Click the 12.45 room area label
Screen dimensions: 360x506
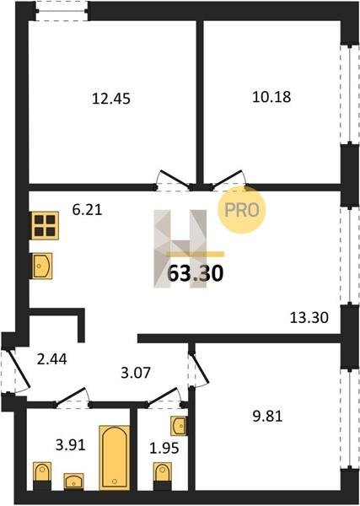(x=111, y=99)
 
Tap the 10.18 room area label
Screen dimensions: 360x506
(x=271, y=97)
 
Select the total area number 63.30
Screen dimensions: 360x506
(x=196, y=273)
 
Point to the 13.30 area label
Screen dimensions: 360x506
(x=309, y=318)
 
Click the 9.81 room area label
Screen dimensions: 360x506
(x=267, y=417)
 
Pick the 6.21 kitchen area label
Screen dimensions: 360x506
(x=87, y=210)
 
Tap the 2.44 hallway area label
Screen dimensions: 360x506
(x=52, y=359)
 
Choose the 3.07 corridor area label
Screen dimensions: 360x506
(x=136, y=373)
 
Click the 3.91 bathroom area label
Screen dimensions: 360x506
(x=70, y=445)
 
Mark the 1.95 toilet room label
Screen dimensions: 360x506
(x=164, y=449)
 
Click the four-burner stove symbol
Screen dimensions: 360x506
(x=45, y=225)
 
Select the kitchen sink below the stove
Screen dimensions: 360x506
(x=41, y=266)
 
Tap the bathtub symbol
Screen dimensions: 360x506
(x=115, y=457)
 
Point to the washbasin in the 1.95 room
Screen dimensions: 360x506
(x=179, y=426)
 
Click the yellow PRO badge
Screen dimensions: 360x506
(x=241, y=210)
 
